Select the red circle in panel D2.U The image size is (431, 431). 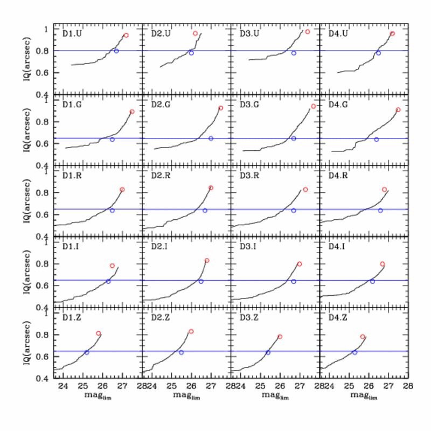pos(196,33)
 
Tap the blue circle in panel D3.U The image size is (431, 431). pos(294,53)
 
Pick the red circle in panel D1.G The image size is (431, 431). pos(132,112)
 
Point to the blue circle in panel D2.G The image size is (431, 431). pos(211,138)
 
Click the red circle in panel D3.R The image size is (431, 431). pos(305,190)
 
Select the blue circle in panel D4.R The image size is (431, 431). pos(380,210)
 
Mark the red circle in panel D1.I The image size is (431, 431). pos(112,266)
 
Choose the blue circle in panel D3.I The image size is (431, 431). pos(294,282)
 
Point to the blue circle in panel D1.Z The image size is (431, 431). pos(86,352)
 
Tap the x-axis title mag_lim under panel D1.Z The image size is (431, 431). pos(97,396)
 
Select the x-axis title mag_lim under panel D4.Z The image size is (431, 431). pos(364,396)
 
